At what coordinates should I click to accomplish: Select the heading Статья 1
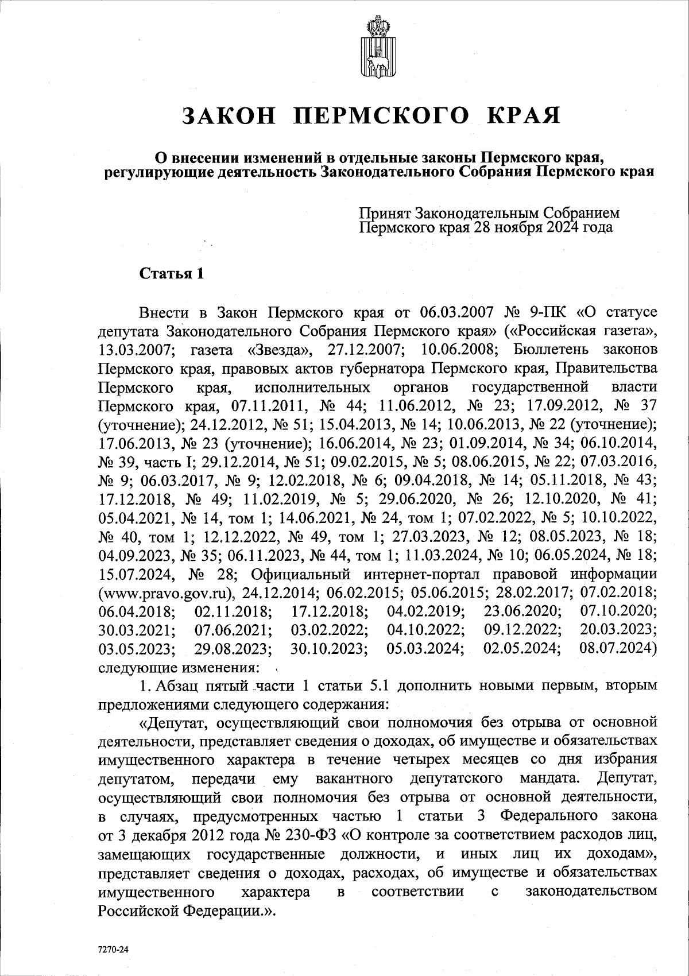[172, 273]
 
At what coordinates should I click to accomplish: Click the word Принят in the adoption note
[384, 213]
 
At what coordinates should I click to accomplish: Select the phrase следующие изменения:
[178, 668]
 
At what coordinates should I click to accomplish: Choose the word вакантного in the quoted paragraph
[354, 779]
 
